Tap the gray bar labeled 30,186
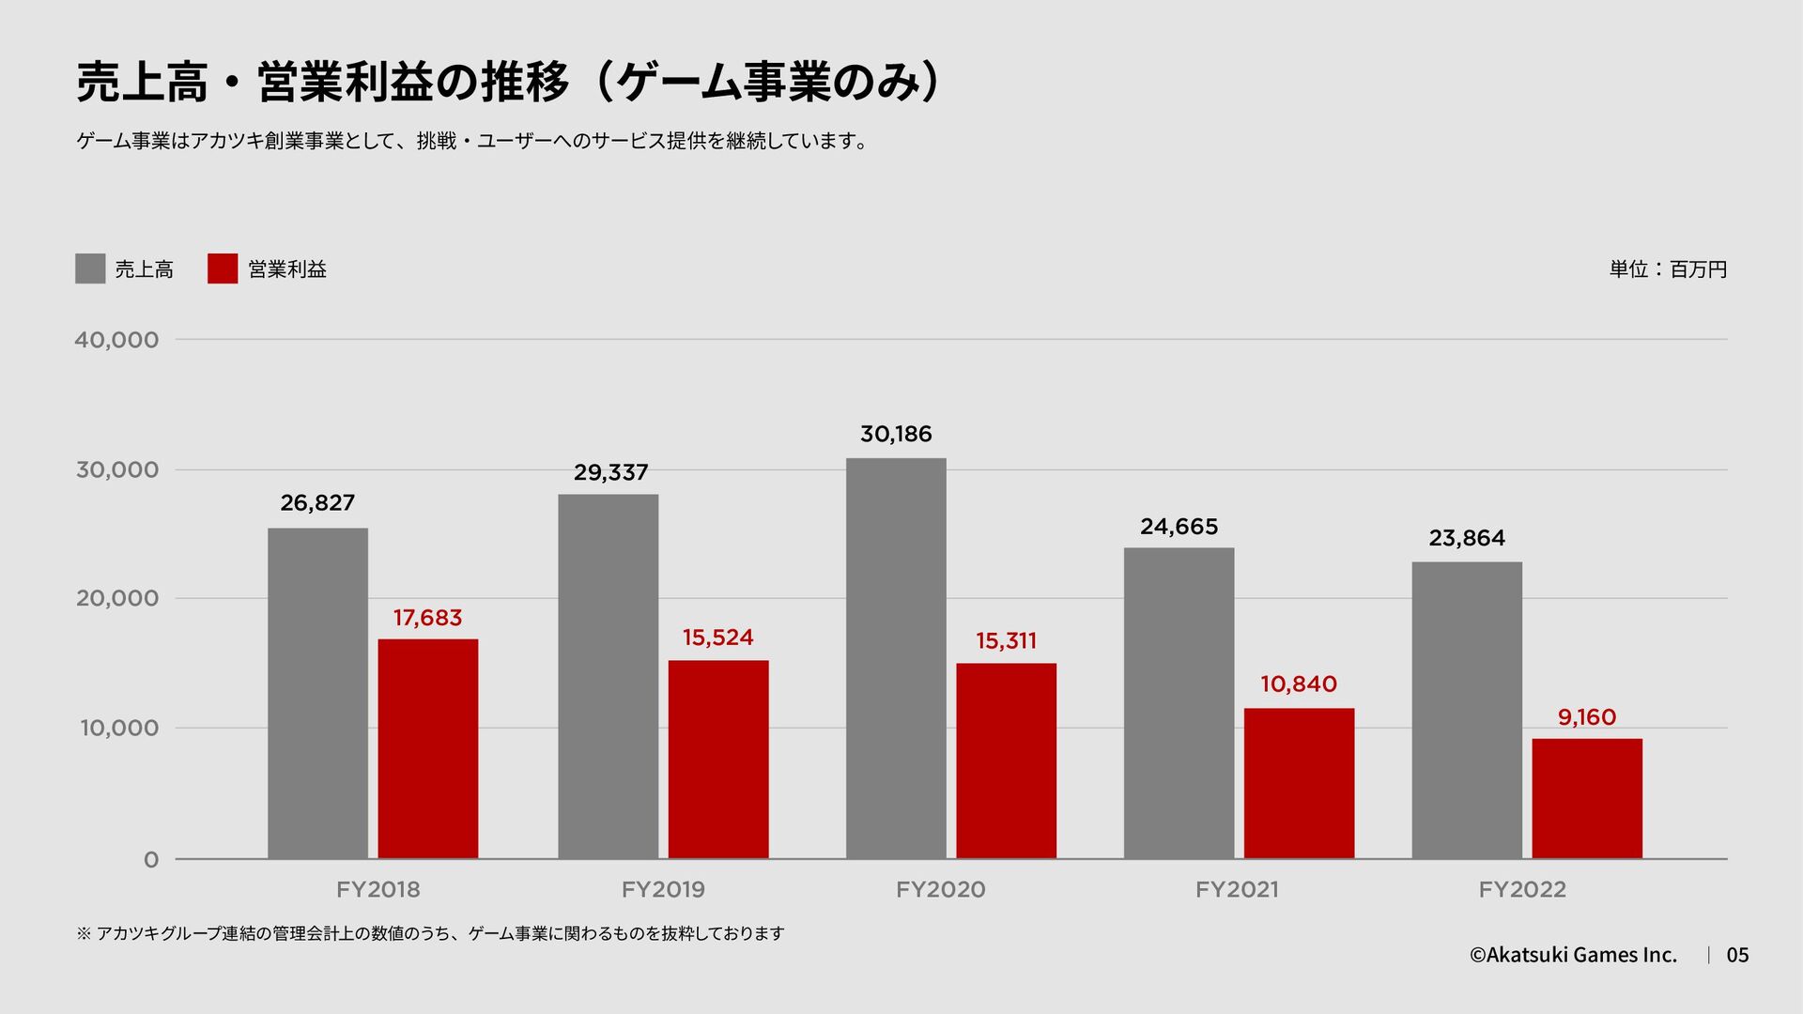[896, 657]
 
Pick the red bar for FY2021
[1299, 783]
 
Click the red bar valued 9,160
[1587, 798]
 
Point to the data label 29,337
[610, 472]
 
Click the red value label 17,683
[427, 618]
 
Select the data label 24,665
[1179, 527]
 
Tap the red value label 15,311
[1006, 641]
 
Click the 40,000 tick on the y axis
[116, 340]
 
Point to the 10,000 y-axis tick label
[118, 729]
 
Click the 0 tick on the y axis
[151, 860]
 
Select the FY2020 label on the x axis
[940, 890]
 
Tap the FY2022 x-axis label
[1522, 890]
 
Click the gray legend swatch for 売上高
[90, 269]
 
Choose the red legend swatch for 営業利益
[223, 269]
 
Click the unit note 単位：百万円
[1668, 269]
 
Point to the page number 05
[1737, 955]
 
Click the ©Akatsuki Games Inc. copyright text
[1573, 955]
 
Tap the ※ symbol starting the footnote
[84, 933]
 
